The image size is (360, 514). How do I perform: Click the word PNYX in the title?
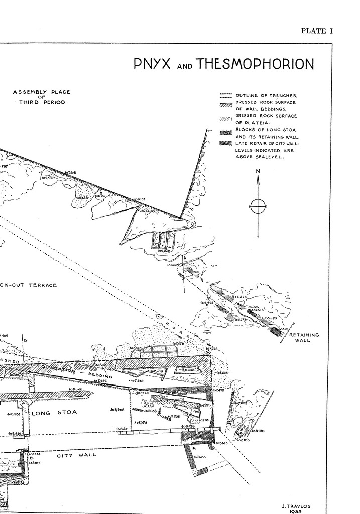point(152,64)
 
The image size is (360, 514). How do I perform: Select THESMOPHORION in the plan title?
point(255,64)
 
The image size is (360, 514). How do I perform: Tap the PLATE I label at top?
point(317,31)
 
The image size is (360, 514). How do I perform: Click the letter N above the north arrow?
point(258,172)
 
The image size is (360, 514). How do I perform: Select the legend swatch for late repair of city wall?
point(225,143)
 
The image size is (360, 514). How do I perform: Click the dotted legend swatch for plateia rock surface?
point(225,119)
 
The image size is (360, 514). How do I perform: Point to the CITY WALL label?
point(76,455)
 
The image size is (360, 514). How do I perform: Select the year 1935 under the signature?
point(297,512)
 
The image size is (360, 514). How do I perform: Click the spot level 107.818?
point(137,381)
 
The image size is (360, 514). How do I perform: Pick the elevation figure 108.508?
point(117,410)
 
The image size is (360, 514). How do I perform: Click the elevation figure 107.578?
point(140,423)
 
